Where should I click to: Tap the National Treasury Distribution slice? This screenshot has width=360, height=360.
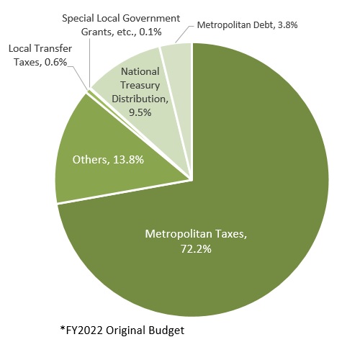144,96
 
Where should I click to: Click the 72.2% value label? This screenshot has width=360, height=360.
196,249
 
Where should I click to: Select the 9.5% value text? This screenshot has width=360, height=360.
140,112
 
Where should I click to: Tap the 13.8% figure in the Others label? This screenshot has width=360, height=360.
128,160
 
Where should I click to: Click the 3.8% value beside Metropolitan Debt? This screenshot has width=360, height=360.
287,25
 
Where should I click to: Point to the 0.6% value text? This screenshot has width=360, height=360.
55,62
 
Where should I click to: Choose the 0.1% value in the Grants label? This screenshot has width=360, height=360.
150,32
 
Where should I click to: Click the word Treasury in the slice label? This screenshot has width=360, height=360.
140,86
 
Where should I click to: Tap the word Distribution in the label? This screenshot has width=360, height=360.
140,99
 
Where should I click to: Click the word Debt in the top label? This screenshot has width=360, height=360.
266,25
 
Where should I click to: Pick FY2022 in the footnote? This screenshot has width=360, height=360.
84,330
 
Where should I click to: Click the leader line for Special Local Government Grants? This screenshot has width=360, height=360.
89,63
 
